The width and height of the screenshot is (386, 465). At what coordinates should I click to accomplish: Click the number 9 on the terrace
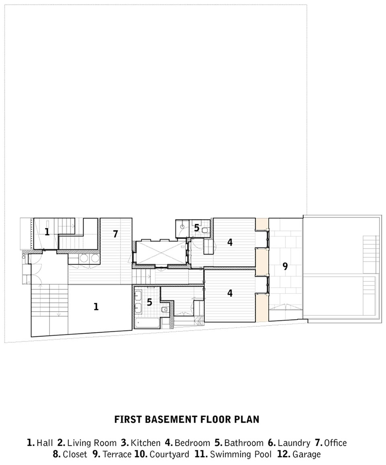pos(285,266)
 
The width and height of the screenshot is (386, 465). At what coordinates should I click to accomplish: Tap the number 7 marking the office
pos(115,234)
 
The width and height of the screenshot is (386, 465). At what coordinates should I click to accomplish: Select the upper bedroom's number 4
pos(230,242)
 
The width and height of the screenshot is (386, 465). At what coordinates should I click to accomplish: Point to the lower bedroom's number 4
pos(230,293)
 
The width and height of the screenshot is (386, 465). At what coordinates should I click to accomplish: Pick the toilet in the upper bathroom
pos(205,229)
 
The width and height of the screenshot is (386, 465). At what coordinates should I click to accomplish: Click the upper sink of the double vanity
pos(138,296)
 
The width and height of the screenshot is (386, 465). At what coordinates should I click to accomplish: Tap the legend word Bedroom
pos(192,443)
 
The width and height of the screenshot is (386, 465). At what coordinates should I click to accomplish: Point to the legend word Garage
pos(307,454)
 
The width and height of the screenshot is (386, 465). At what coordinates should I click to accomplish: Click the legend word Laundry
pos(294,443)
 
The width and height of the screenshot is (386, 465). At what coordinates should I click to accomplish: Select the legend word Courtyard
pos(169,454)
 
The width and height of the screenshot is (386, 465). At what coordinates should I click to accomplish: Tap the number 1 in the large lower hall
pos(96,307)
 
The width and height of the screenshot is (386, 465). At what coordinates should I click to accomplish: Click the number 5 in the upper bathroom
pos(197,228)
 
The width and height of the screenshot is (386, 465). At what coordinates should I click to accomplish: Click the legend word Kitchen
pos(146,443)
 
